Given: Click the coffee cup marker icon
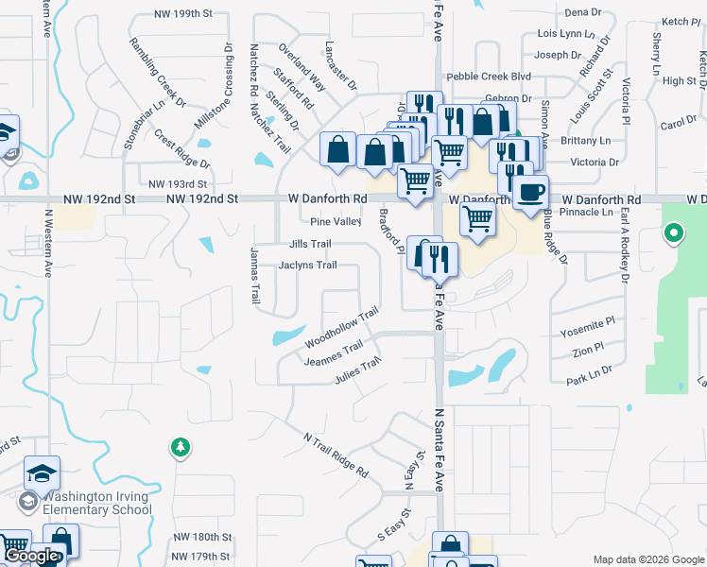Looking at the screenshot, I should (x=532, y=191).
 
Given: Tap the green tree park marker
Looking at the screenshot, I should (x=179, y=447).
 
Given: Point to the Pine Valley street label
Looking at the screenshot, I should (x=336, y=222).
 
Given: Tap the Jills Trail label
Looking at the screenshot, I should (x=310, y=244).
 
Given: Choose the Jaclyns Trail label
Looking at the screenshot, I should (x=308, y=266).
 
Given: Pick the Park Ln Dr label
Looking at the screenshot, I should (x=591, y=380).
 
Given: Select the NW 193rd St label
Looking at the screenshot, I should (x=178, y=183).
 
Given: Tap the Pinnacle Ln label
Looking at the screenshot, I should (x=587, y=213).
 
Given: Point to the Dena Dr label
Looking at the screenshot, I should (x=582, y=12).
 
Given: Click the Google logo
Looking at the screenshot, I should (x=32, y=556).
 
